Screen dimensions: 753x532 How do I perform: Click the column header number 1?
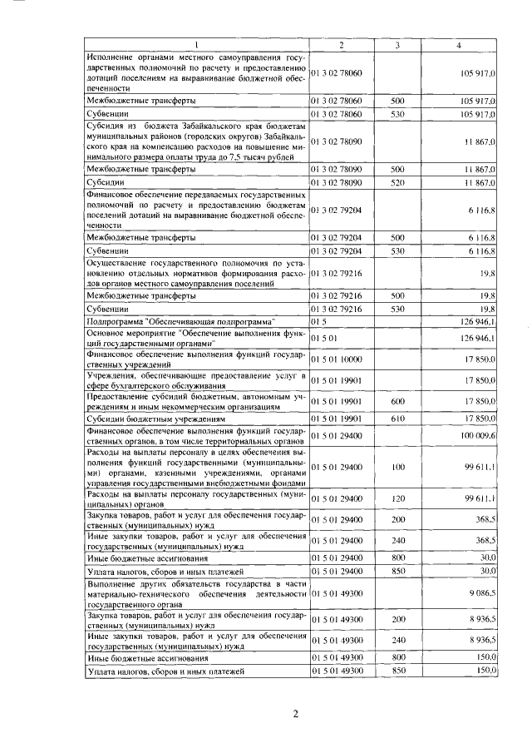[x=197, y=44]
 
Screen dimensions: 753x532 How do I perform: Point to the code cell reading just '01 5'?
[x=318, y=320]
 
